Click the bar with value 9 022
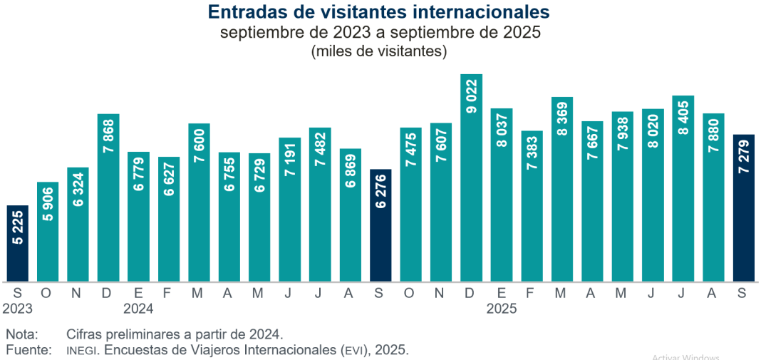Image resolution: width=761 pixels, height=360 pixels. click(x=472, y=178)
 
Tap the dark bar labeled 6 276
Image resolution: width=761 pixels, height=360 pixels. click(x=381, y=225)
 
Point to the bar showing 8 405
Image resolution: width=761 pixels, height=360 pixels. click(x=683, y=188)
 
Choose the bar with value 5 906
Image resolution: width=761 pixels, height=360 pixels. click(x=48, y=232)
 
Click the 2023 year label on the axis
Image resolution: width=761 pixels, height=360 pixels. click(x=17, y=309)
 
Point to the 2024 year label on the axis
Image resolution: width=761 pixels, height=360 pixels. click(x=138, y=309)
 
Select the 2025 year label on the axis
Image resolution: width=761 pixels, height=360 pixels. click(x=502, y=309)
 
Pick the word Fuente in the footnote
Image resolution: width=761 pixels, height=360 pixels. click(x=29, y=350)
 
